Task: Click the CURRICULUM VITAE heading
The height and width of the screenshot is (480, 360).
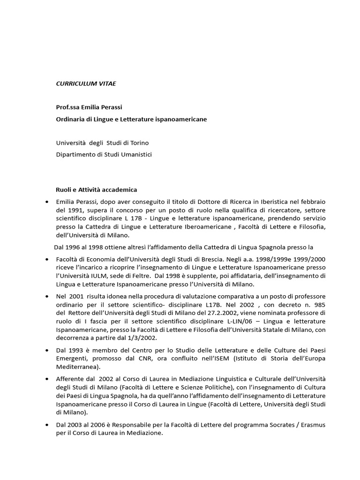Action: pyautogui.click(x=86, y=83)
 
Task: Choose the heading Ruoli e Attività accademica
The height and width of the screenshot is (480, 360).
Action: pyautogui.click(x=97, y=189)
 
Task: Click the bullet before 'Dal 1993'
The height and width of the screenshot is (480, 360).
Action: pyautogui.click(x=47, y=350)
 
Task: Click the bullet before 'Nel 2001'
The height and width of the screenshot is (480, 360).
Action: pyautogui.click(x=47, y=296)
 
